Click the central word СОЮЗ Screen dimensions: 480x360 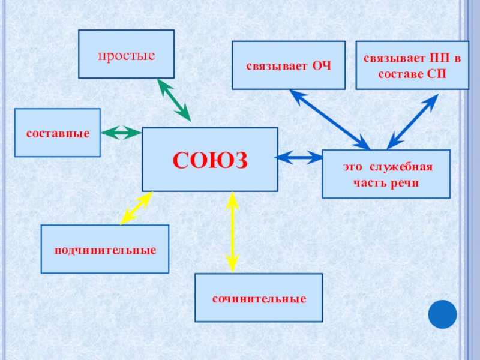pos(210,160)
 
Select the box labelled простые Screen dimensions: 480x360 pos(127,55)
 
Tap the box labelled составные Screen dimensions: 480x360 pos(58,133)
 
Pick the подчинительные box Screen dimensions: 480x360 pos(105,249)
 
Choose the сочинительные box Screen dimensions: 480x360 pos(259,298)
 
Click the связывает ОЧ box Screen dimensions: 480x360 pos(289,65)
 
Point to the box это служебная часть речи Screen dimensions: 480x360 pos(386,174)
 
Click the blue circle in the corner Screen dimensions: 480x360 pos(443,314)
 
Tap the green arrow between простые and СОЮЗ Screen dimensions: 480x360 pos(174,100)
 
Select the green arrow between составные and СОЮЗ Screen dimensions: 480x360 pos(121,133)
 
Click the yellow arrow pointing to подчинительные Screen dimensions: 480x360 pos(136,208)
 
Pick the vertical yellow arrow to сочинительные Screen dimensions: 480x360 pos(233,232)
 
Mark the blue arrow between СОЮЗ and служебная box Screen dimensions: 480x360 pos(299,158)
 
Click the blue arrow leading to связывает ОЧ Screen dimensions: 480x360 pos(329,119)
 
